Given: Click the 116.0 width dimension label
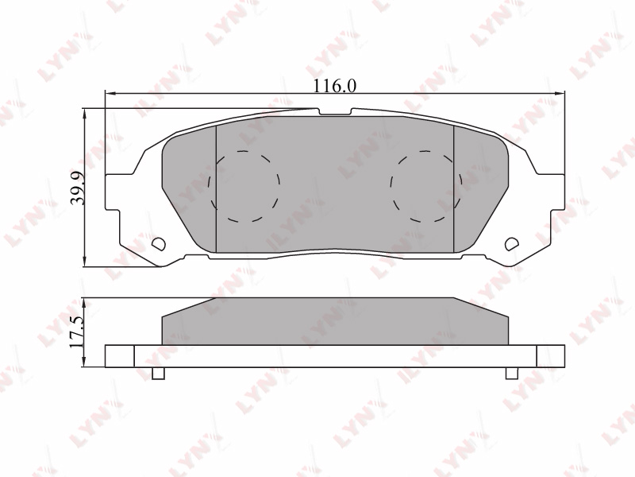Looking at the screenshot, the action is point(335,86).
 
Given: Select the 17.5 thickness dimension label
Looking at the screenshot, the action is point(76,331).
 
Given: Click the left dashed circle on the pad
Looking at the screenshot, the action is point(244,186).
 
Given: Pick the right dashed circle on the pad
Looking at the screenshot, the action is point(425,186).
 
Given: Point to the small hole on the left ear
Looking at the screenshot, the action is point(158,243).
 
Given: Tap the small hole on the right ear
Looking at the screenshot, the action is point(512,243).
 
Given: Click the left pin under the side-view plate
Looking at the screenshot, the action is point(158,374).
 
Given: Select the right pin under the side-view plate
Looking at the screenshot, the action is point(512,374).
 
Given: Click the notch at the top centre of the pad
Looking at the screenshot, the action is point(335,112).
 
